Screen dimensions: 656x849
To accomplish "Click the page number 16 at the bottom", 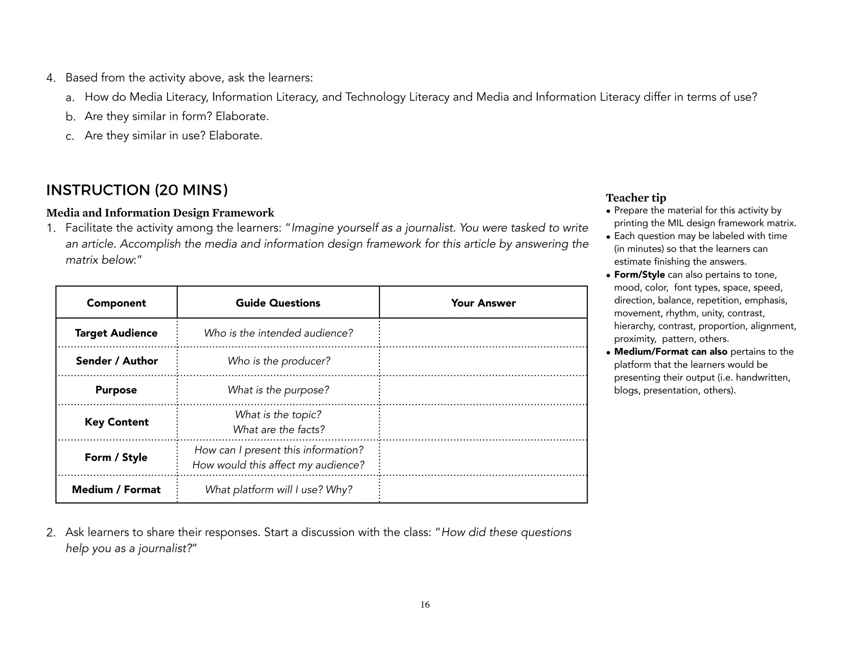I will click(425, 605).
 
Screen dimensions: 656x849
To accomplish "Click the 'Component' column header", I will click(116, 303).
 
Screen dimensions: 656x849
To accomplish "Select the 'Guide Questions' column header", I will click(278, 303).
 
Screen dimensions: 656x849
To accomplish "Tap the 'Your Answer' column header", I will click(483, 303).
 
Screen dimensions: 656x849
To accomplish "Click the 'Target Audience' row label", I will click(116, 333).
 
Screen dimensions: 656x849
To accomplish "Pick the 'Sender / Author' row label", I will click(116, 361).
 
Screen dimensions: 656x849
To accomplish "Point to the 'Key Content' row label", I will click(116, 422).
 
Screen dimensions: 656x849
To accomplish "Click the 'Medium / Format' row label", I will click(116, 489).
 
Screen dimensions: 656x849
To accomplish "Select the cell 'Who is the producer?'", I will click(279, 361).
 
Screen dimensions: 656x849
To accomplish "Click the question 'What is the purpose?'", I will click(278, 390).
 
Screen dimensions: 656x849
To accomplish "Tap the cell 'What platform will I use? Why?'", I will click(278, 489).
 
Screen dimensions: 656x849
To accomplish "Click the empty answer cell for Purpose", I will click(483, 390).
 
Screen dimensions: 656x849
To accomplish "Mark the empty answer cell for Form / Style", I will click(483, 457).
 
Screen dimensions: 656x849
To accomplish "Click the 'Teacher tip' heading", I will click(636, 197).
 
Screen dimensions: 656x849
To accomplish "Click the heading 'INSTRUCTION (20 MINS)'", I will click(137, 190).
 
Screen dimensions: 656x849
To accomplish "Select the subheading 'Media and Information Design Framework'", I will click(160, 213).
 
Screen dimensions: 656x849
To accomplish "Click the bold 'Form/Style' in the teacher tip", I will click(639, 275).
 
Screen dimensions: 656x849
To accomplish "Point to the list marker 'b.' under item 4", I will click(70, 117).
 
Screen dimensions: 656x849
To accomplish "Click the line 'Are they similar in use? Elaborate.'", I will click(173, 136).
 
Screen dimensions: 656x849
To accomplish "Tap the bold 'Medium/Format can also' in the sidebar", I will click(670, 352).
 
